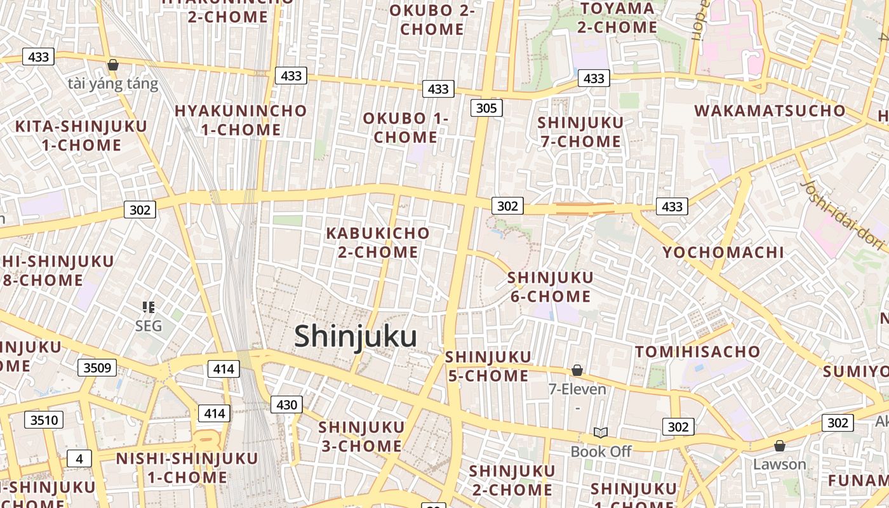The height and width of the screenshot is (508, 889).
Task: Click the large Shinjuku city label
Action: point(355,337)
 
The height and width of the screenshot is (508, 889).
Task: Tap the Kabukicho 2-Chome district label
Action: point(378,243)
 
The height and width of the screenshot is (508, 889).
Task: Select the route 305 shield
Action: point(486,108)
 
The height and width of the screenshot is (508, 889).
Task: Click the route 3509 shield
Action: point(97,367)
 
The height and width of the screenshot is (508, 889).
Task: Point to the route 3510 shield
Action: point(44,420)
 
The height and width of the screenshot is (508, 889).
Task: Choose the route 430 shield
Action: point(286,404)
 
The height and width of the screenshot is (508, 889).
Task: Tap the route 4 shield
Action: point(79,458)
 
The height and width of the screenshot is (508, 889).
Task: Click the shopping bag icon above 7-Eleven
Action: point(577,370)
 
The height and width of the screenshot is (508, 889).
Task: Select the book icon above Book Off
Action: point(601,432)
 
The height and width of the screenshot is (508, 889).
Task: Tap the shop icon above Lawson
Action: point(780,446)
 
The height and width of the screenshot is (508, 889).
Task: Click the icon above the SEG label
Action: point(149,308)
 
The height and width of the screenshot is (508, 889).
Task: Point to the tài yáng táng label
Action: point(113,83)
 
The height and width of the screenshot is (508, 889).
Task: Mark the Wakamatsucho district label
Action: point(770,110)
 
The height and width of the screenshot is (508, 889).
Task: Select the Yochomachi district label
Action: point(723,252)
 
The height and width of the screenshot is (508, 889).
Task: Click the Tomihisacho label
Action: point(698,352)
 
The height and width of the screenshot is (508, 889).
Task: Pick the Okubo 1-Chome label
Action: point(405,128)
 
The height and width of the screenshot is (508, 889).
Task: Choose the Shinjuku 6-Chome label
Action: point(550,287)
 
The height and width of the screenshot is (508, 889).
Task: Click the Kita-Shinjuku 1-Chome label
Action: point(81,135)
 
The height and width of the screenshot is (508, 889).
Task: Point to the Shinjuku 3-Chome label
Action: point(361,436)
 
